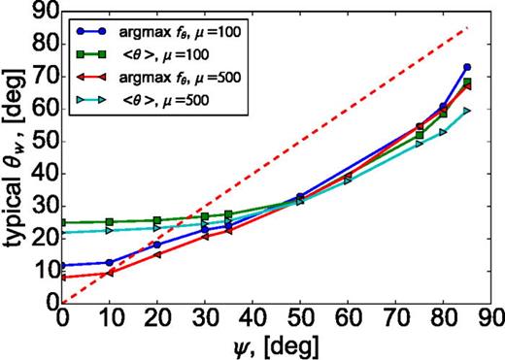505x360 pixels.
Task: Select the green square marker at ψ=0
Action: [x=62, y=222]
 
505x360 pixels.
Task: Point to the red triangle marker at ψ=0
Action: [x=62, y=278]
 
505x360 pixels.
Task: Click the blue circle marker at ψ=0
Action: [x=62, y=265]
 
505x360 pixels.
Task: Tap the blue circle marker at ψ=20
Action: [x=157, y=245]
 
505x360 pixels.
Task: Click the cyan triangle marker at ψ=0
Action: [x=62, y=232]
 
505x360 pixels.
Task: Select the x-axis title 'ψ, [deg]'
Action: [x=279, y=345]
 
